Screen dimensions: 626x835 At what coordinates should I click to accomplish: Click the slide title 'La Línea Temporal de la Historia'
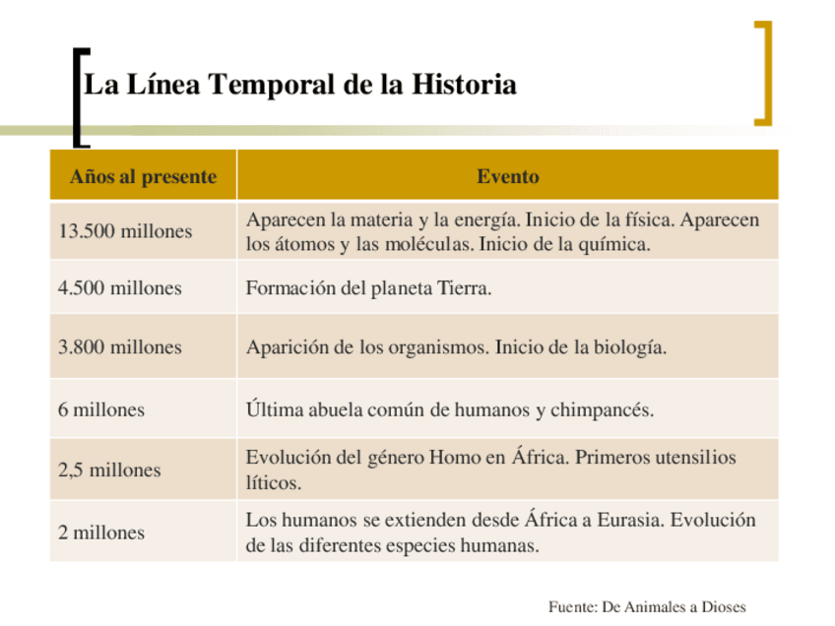click(300, 85)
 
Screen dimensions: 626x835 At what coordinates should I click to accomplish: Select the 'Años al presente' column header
click(143, 177)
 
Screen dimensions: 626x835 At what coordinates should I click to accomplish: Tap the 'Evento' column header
click(508, 177)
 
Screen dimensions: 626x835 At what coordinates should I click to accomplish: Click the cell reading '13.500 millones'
click(125, 232)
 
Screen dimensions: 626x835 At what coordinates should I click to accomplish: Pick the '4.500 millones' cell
click(120, 288)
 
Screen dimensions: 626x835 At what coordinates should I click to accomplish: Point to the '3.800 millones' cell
click(120, 347)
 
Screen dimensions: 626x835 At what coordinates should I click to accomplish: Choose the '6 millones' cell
click(101, 409)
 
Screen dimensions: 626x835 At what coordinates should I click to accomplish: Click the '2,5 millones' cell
click(109, 470)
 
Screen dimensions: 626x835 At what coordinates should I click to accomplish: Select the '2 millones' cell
click(101, 532)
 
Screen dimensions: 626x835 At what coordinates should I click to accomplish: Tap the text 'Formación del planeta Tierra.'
click(368, 288)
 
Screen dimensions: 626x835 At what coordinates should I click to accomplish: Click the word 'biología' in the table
click(630, 347)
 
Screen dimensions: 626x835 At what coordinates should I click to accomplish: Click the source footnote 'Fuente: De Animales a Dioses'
click(647, 606)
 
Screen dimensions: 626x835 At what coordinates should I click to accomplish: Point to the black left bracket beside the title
click(79, 96)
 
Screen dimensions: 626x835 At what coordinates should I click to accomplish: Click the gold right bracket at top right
click(763, 73)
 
